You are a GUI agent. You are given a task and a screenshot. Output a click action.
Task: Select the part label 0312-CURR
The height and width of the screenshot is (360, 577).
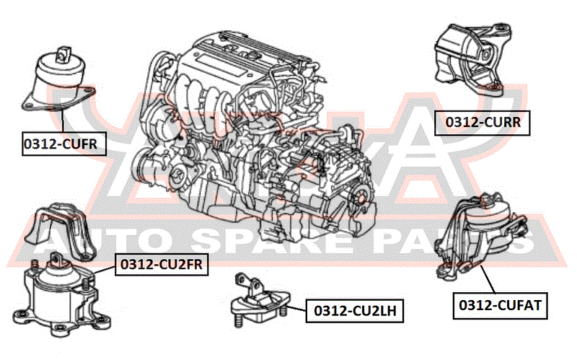(483, 123)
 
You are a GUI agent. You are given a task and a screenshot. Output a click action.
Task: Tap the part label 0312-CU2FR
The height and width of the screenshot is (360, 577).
(162, 264)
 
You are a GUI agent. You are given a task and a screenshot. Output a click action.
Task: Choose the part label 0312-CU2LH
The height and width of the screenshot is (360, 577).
(355, 311)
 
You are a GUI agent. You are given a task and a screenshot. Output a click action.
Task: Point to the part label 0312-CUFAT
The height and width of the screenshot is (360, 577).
(500, 305)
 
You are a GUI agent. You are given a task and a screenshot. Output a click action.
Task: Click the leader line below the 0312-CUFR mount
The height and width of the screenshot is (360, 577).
(63, 120)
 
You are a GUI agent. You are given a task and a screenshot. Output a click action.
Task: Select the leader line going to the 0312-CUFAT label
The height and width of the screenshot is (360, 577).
(488, 279)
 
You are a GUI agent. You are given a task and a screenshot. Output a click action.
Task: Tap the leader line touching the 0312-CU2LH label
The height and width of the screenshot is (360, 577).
(296, 309)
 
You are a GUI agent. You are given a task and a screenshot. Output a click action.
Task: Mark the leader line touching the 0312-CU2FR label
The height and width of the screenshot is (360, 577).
(105, 271)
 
